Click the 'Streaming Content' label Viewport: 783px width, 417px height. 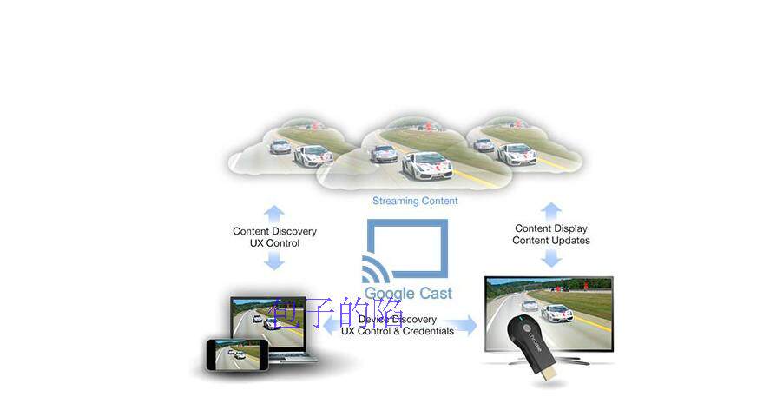[x=415, y=201]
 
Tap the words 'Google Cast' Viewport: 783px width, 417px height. [x=407, y=293]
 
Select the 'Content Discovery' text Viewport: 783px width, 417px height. [x=274, y=232]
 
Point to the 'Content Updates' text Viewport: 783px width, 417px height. [x=550, y=241]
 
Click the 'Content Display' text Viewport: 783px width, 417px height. [x=550, y=229]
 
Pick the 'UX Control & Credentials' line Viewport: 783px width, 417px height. [x=397, y=331]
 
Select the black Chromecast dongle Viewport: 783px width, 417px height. [x=531, y=347]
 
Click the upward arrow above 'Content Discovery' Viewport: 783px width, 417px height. [x=274, y=212]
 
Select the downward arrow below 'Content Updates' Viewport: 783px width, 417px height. [x=551, y=258]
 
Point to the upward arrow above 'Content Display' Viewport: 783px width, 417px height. [x=551, y=210]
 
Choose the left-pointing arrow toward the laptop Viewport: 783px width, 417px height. [x=331, y=326]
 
